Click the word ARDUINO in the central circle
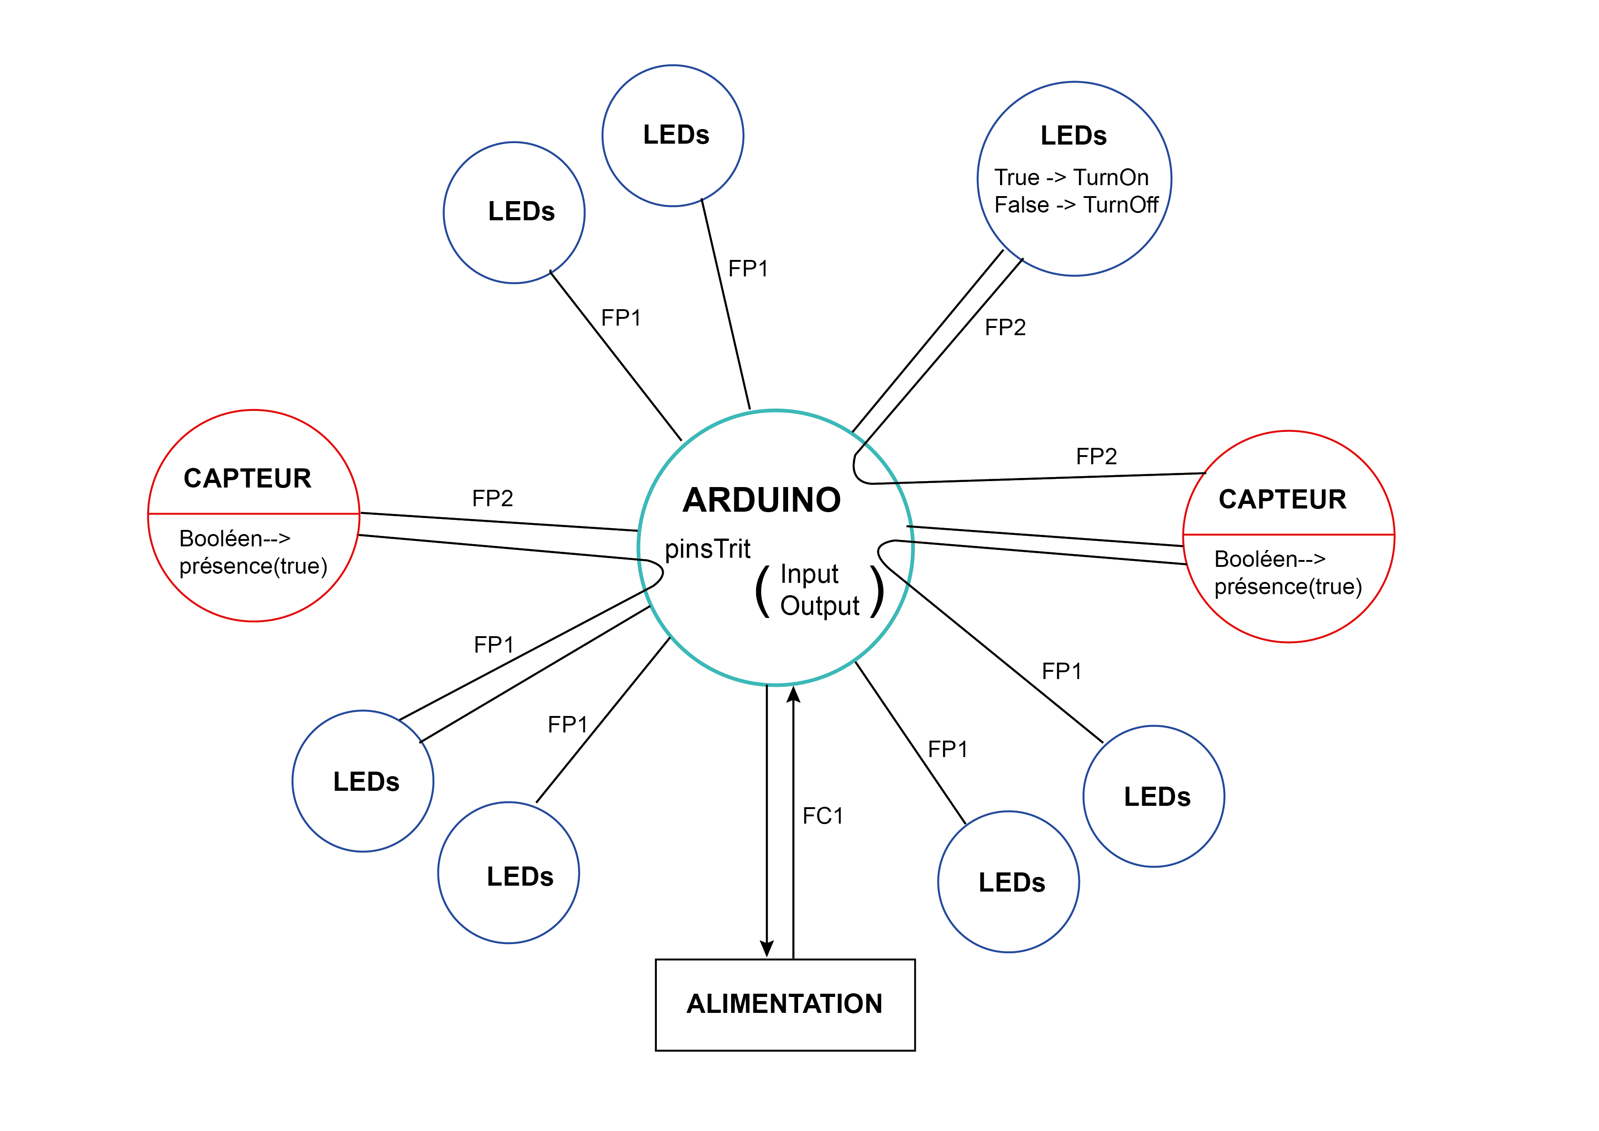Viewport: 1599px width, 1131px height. click(x=762, y=500)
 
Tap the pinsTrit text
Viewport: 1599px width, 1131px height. click(x=707, y=549)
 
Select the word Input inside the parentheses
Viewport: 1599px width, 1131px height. click(x=809, y=574)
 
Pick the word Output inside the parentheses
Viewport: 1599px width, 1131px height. click(x=819, y=606)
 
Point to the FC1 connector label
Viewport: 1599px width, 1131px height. click(x=822, y=815)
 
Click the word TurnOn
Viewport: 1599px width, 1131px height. click(x=1111, y=178)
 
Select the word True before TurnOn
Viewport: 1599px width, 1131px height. click(x=1017, y=178)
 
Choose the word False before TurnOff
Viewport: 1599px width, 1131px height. click(x=1021, y=205)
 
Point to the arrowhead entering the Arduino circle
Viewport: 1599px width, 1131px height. click(x=793, y=695)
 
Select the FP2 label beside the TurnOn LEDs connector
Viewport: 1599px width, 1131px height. click(x=1005, y=327)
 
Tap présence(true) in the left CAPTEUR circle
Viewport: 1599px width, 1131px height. click(x=253, y=566)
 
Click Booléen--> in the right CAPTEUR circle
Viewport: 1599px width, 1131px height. click(x=1269, y=559)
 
